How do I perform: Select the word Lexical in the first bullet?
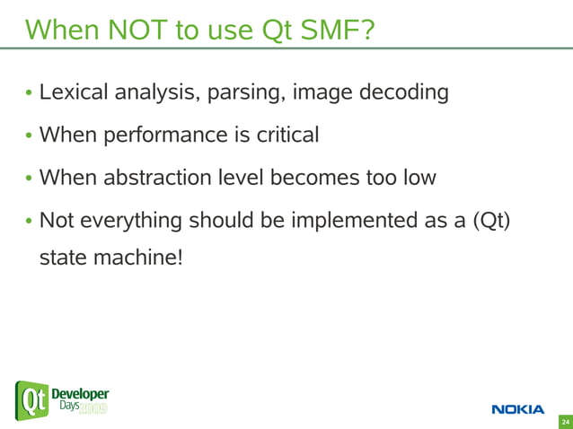(75, 92)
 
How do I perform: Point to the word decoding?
(404, 93)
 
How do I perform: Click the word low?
(417, 177)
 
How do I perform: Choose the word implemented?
(334, 220)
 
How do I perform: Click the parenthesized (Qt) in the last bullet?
(490, 220)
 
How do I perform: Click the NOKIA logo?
(517, 410)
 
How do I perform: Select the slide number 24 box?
(565, 421)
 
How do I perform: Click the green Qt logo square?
(31, 400)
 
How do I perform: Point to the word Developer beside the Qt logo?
(80, 394)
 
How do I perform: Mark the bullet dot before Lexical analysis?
(29, 94)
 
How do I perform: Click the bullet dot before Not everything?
(29, 222)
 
